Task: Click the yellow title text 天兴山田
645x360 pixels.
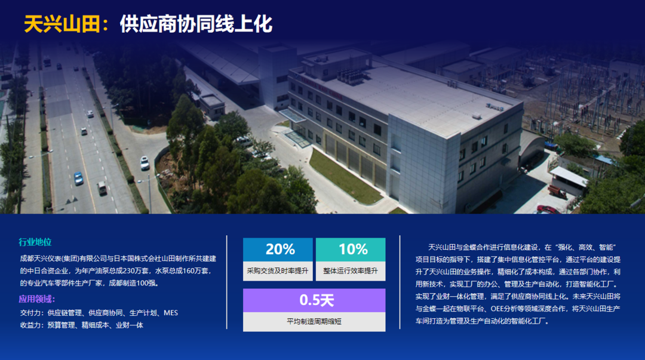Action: [x=62, y=24]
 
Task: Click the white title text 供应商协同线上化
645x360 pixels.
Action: [x=196, y=24]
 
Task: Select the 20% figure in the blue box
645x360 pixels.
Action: [x=280, y=249]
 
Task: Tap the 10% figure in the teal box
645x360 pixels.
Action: [x=353, y=249]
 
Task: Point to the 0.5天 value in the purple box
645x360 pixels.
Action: [x=317, y=300]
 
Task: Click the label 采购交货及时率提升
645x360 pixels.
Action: [x=278, y=270]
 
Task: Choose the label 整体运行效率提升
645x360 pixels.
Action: [x=351, y=270]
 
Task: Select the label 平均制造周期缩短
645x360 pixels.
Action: [x=314, y=321]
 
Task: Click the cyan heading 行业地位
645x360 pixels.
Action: [x=35, y=242]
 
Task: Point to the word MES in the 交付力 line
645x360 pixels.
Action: [x=171, y=313]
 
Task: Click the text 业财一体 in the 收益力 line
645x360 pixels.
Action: [x=130, y=325]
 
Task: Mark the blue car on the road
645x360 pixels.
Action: [x=78, y=178]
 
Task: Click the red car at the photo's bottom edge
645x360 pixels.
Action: [x=548, y=210]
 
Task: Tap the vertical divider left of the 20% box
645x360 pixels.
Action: [x=227, y=282]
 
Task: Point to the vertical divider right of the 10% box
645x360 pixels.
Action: [x=400, y=282]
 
